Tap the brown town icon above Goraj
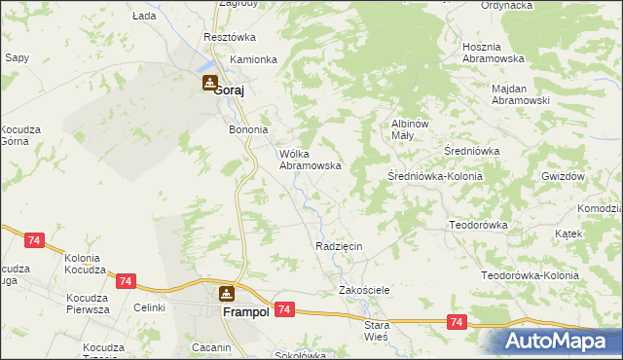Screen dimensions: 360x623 (x=209, y=84)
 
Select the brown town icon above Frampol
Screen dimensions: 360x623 (x=227, y=293)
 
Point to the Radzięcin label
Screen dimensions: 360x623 (x=339, y=246)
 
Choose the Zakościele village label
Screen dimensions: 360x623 (x=364, y=290)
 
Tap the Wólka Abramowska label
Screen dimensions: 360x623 (x=310, y=160)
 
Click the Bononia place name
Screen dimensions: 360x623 (x=247, y=129)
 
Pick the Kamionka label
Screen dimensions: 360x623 (x=253, y=59)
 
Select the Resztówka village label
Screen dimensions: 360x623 (x=229, y=37)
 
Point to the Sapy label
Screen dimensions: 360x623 (x=17, y=57)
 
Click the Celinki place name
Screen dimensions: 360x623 (x=150, y=307)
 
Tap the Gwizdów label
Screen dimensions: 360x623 (x=564, y=176)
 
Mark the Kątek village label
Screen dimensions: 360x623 (x=568, y=234)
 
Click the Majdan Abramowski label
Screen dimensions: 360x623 (x=521, y=93)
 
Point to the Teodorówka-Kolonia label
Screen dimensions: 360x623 (x=531, y=275)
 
